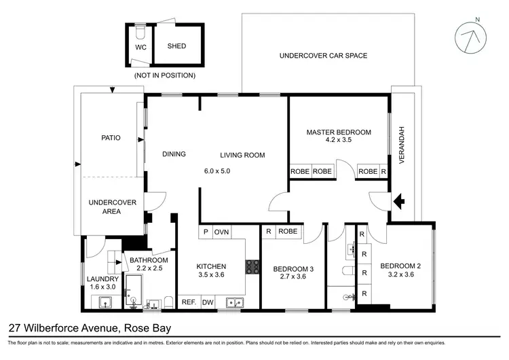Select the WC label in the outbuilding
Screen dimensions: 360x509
[x=140, y=48]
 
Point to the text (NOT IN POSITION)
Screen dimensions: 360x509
[x=165, y=75]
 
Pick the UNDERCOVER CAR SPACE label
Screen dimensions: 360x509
[x=323, y=56]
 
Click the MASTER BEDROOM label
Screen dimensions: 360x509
[x=339, y=132]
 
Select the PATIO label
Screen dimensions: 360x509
[x=110, y=138]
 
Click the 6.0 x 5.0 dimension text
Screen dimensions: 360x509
[x=218, y=171]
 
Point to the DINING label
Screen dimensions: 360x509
[x=174, y=154]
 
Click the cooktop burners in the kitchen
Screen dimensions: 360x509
[x=252, y=266]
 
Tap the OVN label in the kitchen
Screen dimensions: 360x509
[x=222, y=232]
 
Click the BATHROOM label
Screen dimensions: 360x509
[x=149, y=260]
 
